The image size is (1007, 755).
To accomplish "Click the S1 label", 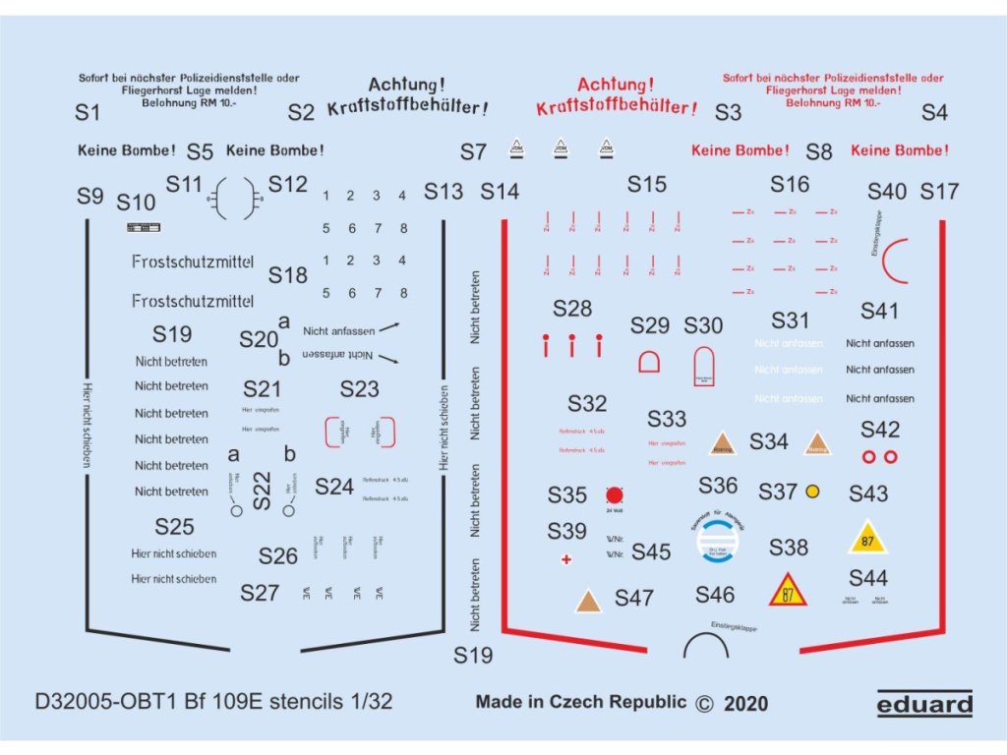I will coord(88,113).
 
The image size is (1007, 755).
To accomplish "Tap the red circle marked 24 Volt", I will coord(616,494).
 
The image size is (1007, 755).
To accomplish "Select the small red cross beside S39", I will coord(565,558).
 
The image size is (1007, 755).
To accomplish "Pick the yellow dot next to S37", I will coord(813,491).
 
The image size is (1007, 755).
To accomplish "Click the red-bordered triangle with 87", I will coord(788,591).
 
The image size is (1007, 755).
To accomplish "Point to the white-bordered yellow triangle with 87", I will coord(867,539).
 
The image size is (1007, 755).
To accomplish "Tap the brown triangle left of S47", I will coord(588,601).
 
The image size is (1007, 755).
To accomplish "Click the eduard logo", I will coord(924,703).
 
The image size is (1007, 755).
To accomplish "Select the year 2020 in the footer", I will coord(745,703).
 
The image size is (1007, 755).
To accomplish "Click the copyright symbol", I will coord(703,703).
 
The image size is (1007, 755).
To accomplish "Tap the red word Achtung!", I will coord(616,86).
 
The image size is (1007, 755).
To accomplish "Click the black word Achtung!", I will coord(406,86).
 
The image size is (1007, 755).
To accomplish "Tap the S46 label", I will coord(715,594).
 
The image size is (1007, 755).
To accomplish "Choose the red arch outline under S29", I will coord(650,362).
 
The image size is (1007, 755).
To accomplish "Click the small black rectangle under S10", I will coord(144,228).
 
